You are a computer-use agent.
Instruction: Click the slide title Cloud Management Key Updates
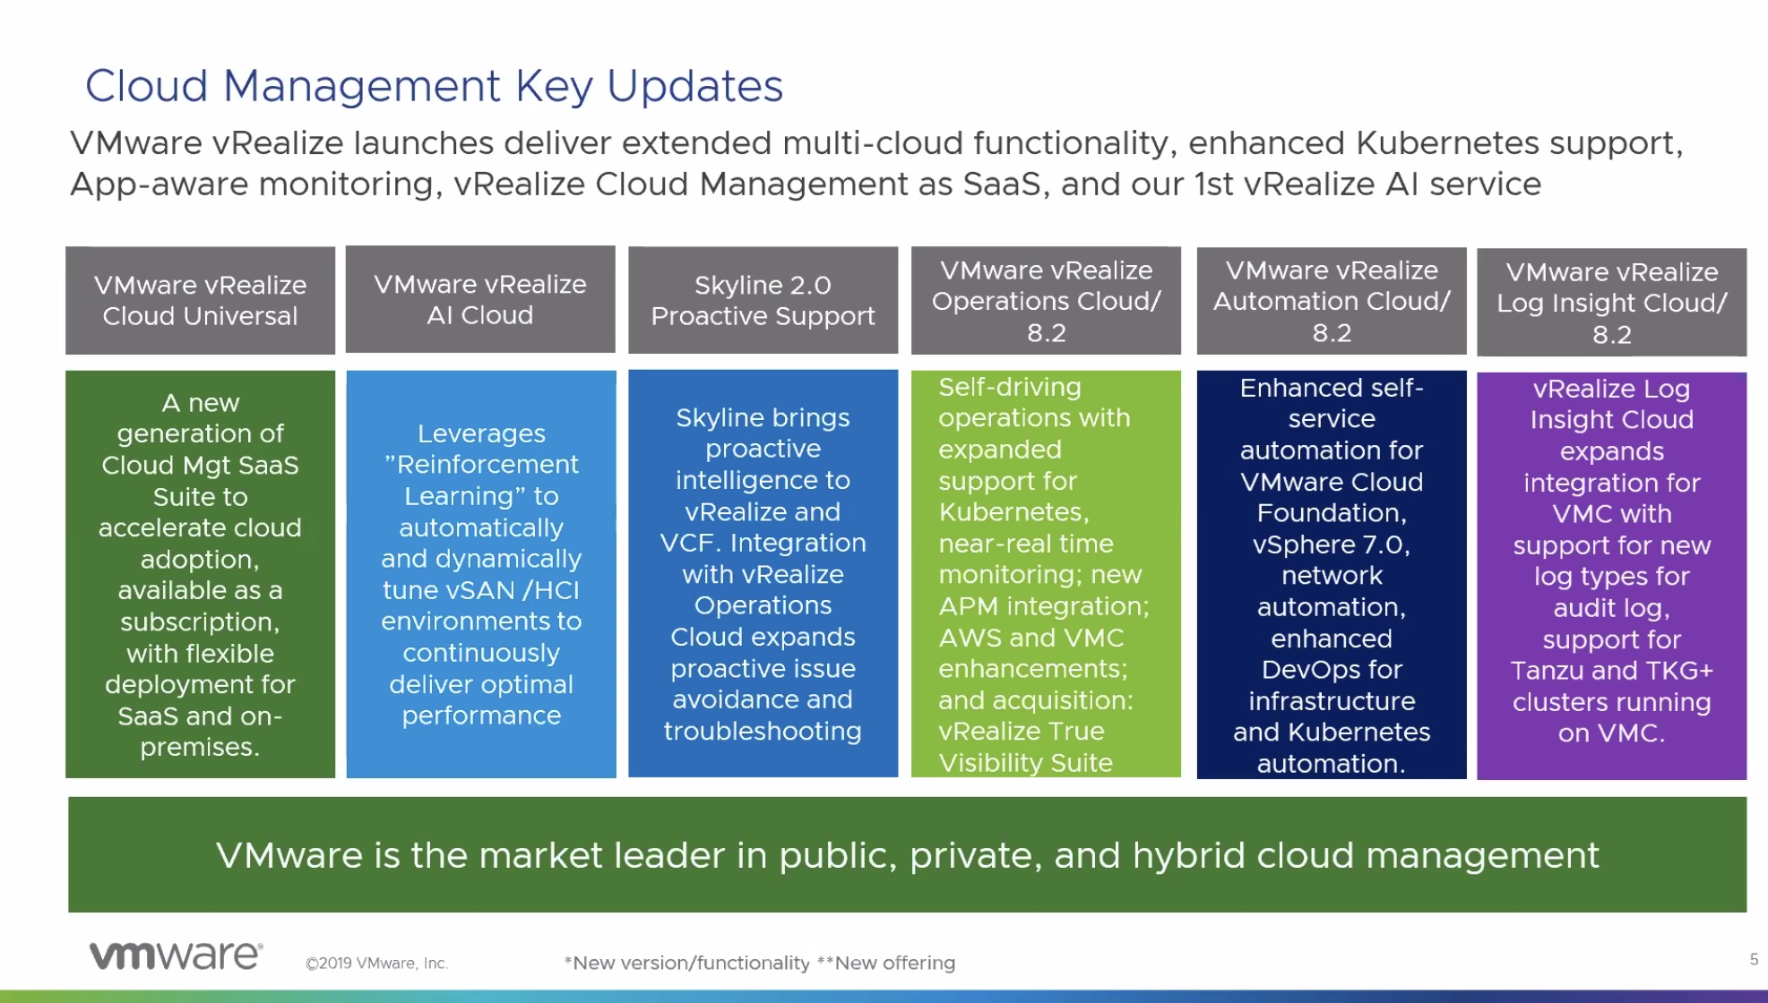pyautogui.click(x=434, y=87)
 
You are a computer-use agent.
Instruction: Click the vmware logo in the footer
pyautogui.click(x=176, y=956)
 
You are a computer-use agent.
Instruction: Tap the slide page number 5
pyautogui.click(x=1754, y=959)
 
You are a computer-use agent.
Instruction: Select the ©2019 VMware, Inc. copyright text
pyautogui.click(x=376, y=964)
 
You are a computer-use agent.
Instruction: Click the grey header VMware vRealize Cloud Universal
pyautogui.click(x=200, y=300)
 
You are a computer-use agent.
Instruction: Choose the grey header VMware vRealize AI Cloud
pyautogui.click(x=480, y=299)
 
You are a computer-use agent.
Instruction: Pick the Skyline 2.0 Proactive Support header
pyautogui.click(x=763, y=300)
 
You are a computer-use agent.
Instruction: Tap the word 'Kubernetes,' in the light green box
pyautogui.click(x=1013, y=512)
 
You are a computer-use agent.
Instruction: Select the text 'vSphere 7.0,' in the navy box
pyautogui.click(x=1332, y=544)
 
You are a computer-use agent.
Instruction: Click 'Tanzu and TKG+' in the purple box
pyautogui.click(x=1611, y=671)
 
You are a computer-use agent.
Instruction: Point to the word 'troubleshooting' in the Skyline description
pyautogui.click(x=763, y=732)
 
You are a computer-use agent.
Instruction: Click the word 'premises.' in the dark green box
pyautogui.click(x=200, y=748)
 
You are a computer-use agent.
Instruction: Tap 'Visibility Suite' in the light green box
pyautogui.click(x=1025, y=763)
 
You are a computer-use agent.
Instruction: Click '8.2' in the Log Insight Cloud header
pyautogui.click(x=1611, y=335)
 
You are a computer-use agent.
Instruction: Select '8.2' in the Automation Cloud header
pyautogui.click(x=1332, y=333)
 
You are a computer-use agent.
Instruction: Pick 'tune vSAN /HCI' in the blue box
pyautogui.click(x=481, y=590)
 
